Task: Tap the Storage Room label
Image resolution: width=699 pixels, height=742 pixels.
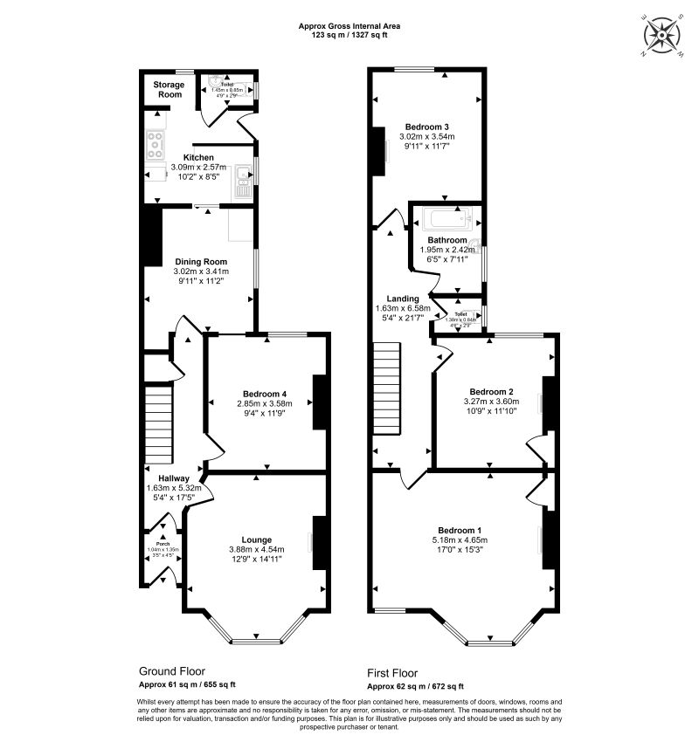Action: [169, 89]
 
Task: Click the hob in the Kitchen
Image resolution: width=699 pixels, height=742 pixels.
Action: [156, 144]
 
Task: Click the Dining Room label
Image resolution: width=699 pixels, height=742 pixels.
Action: [201, 262]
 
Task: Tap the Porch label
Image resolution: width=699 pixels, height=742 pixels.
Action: [161, 542]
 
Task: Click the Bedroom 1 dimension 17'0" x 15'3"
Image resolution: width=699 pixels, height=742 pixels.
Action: [462, 551]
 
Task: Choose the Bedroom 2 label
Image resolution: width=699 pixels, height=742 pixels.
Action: [490, 391]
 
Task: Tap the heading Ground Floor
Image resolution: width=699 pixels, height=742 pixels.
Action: [172, 671]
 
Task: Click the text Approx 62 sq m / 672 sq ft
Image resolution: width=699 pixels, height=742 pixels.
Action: [414, 686]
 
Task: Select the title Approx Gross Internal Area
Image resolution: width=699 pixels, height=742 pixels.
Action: [349, 27]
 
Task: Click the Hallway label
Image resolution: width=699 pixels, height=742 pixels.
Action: [163, 477]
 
